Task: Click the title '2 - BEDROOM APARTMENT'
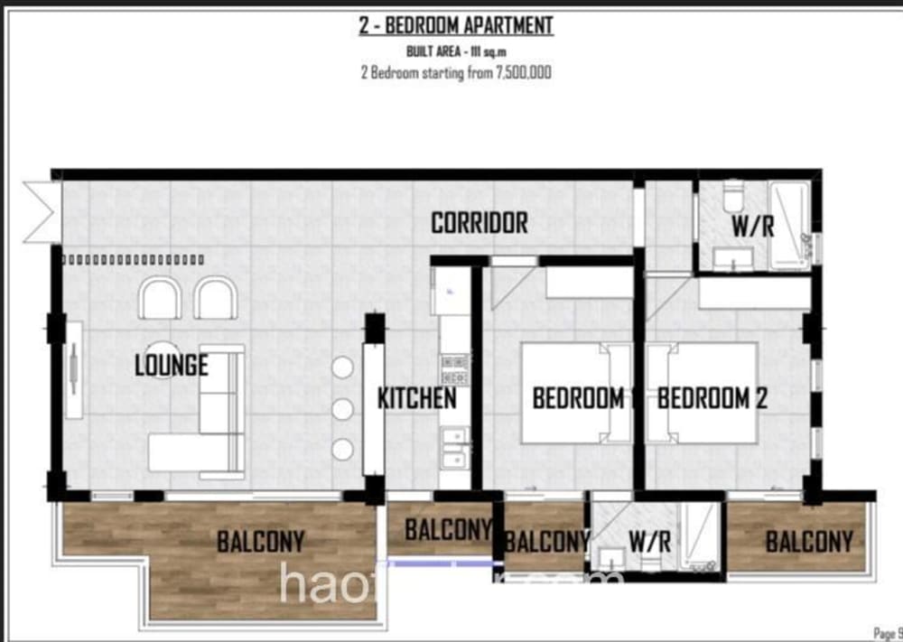455,25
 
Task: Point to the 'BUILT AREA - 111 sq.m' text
455,51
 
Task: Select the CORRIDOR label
479,223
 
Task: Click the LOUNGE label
171,366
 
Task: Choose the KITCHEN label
415,398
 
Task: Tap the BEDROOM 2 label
712,398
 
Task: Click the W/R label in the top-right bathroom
752,226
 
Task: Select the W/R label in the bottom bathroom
649,542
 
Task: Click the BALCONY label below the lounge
260,542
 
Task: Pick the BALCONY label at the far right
808,542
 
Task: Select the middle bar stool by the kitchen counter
342,409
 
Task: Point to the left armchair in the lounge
160,298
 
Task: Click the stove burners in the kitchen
454,368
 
